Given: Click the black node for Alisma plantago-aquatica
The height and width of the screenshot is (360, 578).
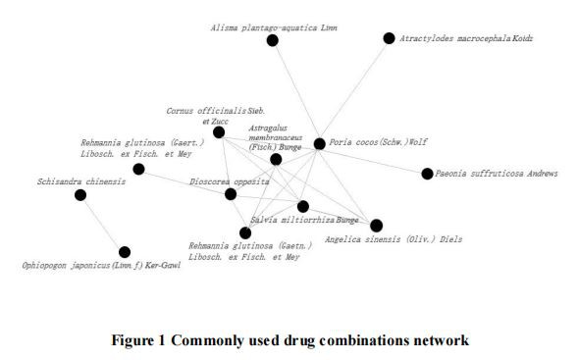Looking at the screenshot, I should coord(273,40).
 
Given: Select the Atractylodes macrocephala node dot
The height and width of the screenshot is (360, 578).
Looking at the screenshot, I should coord(389,38).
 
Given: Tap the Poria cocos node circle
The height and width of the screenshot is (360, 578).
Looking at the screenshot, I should coord(319,144).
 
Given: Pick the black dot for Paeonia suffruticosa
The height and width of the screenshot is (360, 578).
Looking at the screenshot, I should coord(427,174).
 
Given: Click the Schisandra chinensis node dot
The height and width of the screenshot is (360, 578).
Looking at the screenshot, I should coord(80,195).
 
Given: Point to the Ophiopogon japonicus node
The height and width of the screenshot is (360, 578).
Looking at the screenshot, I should coord(125,252).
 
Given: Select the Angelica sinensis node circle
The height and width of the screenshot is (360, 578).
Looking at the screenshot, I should coord(377,226).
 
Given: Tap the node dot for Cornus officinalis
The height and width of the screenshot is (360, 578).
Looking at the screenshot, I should coord(219,131).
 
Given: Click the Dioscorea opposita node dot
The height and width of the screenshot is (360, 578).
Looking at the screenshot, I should coord(231,194).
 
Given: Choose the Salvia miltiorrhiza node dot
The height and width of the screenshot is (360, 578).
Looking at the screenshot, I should coord(302,206).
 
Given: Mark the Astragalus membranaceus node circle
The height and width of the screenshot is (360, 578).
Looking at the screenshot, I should coord(276,159).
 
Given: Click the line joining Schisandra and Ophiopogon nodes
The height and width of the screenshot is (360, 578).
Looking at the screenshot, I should coord(102,224).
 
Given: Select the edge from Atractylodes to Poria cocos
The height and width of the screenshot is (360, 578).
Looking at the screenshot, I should coord(354,90).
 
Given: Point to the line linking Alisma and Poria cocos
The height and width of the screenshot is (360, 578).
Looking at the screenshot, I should coord(295,91).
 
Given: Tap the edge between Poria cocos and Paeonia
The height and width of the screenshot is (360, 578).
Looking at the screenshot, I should coord(373,159).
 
